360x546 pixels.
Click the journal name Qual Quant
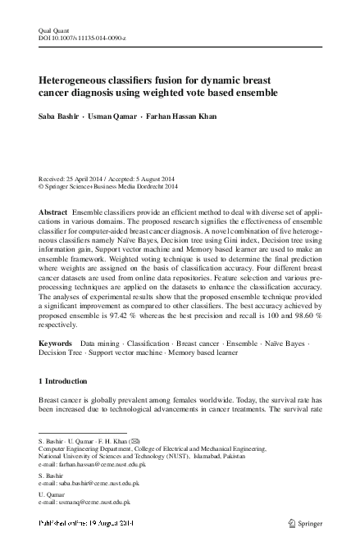(x=50, y=30)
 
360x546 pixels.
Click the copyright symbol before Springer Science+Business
(x=42, y=186)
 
